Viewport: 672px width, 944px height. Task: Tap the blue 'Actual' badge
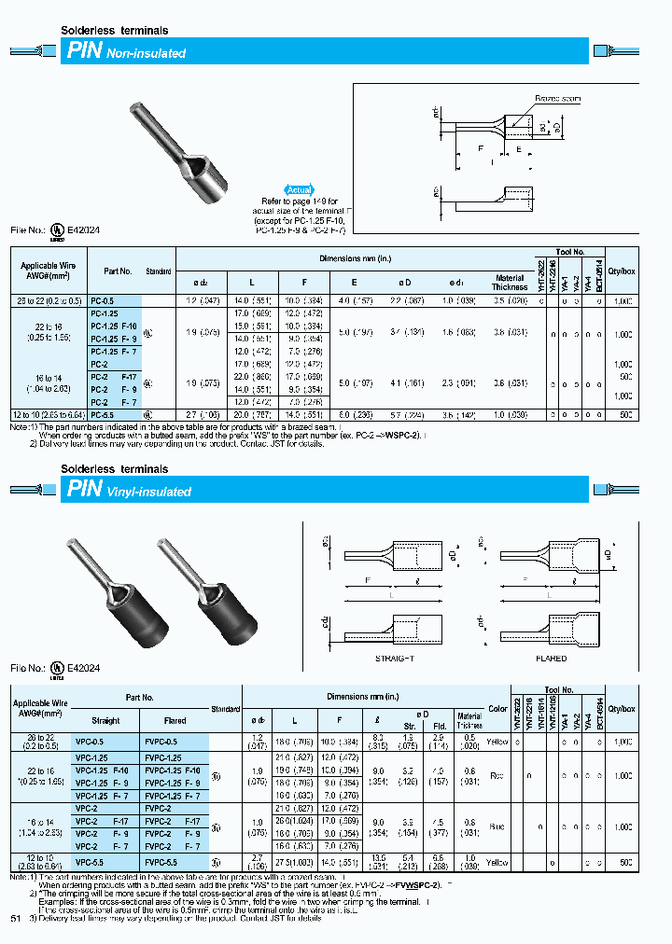(298, 189)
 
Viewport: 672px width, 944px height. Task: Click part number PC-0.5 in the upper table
(104, 300)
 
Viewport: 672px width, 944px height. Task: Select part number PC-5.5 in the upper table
(104, 412)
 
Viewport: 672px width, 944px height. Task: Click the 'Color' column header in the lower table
(497, 709)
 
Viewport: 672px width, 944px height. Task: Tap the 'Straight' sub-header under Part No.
(105, 720)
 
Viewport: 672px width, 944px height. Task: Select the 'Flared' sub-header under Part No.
(175, 720)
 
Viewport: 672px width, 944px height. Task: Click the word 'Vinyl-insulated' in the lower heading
(149, 492)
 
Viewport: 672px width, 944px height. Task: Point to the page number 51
(15, 919)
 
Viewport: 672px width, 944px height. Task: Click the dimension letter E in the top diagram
(518, 148)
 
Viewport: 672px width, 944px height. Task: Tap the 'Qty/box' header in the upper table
(623, 271)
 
